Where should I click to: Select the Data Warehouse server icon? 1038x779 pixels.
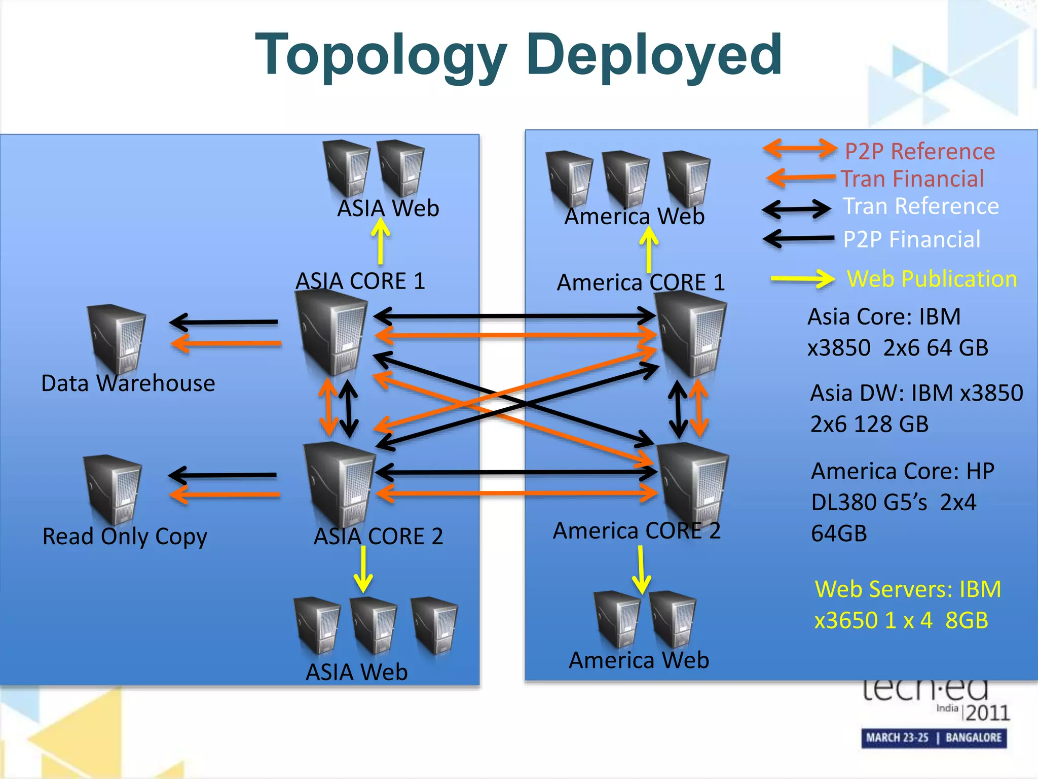[117, 339]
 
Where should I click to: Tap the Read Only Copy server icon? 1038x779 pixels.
[113, 489]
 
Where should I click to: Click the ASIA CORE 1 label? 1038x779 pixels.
[360, 281]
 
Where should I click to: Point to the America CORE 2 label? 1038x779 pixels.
[637, 531]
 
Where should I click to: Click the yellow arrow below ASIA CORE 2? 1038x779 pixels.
[363, 569]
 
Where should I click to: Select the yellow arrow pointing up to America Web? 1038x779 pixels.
[649, 249]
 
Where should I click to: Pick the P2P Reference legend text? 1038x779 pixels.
[919, 152]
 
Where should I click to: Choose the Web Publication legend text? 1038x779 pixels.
[932, 279]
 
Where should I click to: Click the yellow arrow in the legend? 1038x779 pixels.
[802, 278]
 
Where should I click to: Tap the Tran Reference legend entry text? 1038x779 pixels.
[920, 206]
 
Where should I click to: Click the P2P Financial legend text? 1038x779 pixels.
[911, 239]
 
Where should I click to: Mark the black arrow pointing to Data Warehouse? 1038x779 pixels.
[223, 322]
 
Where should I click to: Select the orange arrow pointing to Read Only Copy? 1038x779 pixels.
[224, 494]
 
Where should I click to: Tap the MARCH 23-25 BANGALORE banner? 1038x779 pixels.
[934, 737]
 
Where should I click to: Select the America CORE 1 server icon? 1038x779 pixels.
[690, 335]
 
